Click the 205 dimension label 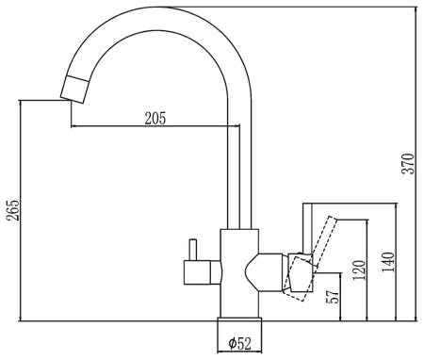pyautogui.click(x=155, y=118)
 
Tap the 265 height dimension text pyautogui.click(x=13, y=210)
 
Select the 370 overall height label pyautogui.click(x=408, y=163)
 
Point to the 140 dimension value pyautogui.click(x=387, y=262)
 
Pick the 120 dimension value pyautogui.click(x=359, y=270)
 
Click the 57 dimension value pyautogui.click(x=334, y=296)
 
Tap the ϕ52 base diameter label pyautogui.click(x=240, y=343)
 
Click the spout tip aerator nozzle pyautogui.click(x=74, y=90)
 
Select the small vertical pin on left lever pyautogui.click(x=192, y=250)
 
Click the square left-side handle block pyautogui.click(x=197, y=272)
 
